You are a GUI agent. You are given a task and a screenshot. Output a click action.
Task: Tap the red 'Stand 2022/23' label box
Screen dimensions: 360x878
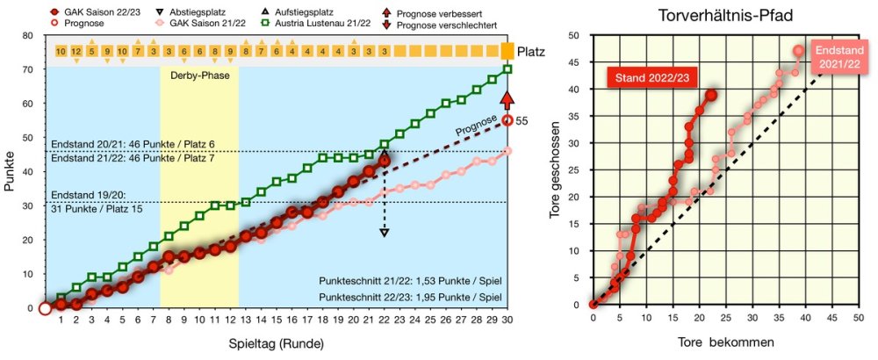click(x=651, y=78)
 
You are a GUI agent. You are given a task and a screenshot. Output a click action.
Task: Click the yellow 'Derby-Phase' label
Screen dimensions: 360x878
click(x=198, y=76)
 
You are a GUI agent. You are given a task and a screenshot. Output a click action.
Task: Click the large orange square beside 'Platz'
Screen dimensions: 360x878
click(x=507, y=52)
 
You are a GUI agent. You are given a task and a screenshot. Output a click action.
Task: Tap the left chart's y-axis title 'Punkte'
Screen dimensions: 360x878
click(x=11, y=171)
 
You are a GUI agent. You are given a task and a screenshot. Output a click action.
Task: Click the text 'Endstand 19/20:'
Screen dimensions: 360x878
click(x=88, y=196)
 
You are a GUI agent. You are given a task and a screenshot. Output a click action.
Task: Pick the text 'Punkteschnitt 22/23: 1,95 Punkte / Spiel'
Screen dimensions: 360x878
click(x=412, y=297)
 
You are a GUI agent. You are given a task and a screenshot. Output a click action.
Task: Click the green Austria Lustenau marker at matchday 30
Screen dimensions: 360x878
click(x=507, y=69)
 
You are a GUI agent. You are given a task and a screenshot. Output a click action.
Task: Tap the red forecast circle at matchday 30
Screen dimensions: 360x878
click(x=507, y=120)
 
